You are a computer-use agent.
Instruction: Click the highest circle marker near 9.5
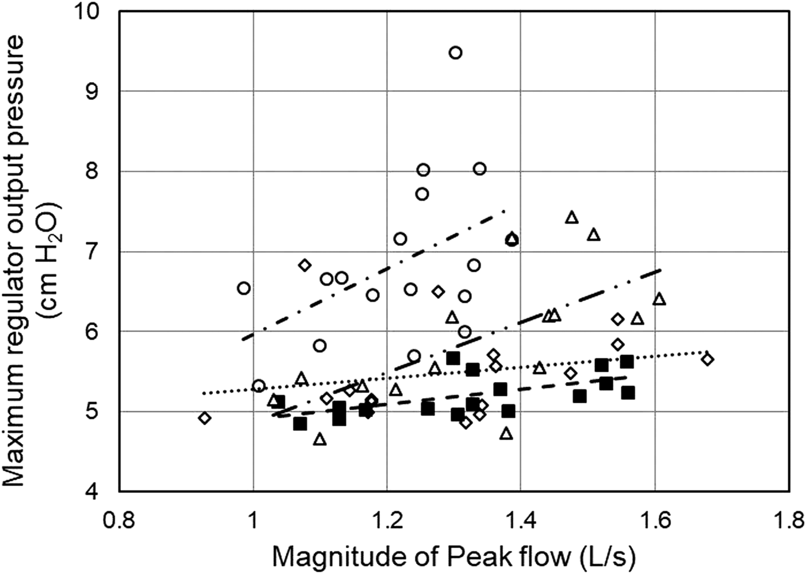455,53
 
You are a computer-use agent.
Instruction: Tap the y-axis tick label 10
95,11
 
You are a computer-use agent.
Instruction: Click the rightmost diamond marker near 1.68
708,360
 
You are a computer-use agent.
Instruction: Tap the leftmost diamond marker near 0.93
204,418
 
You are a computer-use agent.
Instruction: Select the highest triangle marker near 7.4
571,217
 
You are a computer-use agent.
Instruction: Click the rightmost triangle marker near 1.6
659,299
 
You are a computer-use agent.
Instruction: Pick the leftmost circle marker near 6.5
243,288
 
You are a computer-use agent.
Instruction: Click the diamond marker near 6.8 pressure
305,265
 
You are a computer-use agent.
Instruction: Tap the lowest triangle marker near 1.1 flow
320,440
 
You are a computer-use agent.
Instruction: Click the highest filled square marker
453,358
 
